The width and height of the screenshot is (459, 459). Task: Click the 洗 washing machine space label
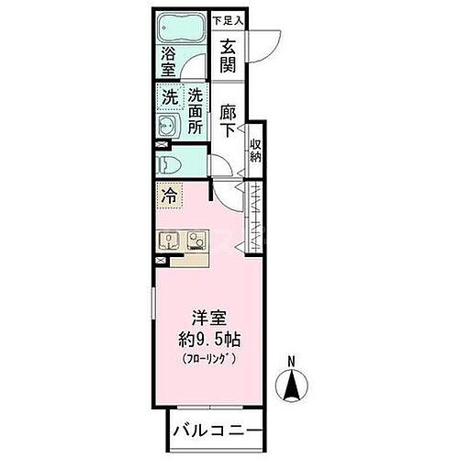170,96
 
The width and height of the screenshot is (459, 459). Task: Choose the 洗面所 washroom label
196,111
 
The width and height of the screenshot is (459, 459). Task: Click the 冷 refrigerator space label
170,195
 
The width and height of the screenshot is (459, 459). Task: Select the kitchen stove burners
196,241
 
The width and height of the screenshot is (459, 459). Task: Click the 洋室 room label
212,318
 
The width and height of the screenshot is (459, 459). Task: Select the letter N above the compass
291,361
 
